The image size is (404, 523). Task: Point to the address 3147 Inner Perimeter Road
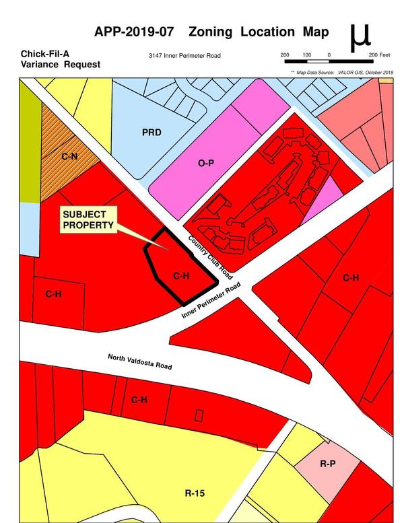[184, 56]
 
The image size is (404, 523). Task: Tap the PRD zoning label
[151, 133]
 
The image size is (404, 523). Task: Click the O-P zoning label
[205, 163]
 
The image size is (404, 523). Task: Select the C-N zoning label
[69, 156]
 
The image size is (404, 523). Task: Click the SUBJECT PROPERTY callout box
[88, 219]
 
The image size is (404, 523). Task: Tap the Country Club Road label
[211, 257]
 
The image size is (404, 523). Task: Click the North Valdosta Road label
[139, 361]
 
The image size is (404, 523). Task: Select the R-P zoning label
[328, 464]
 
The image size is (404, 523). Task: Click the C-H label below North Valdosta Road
[139, 400]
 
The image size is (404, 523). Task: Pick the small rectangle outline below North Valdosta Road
[199, 415]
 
